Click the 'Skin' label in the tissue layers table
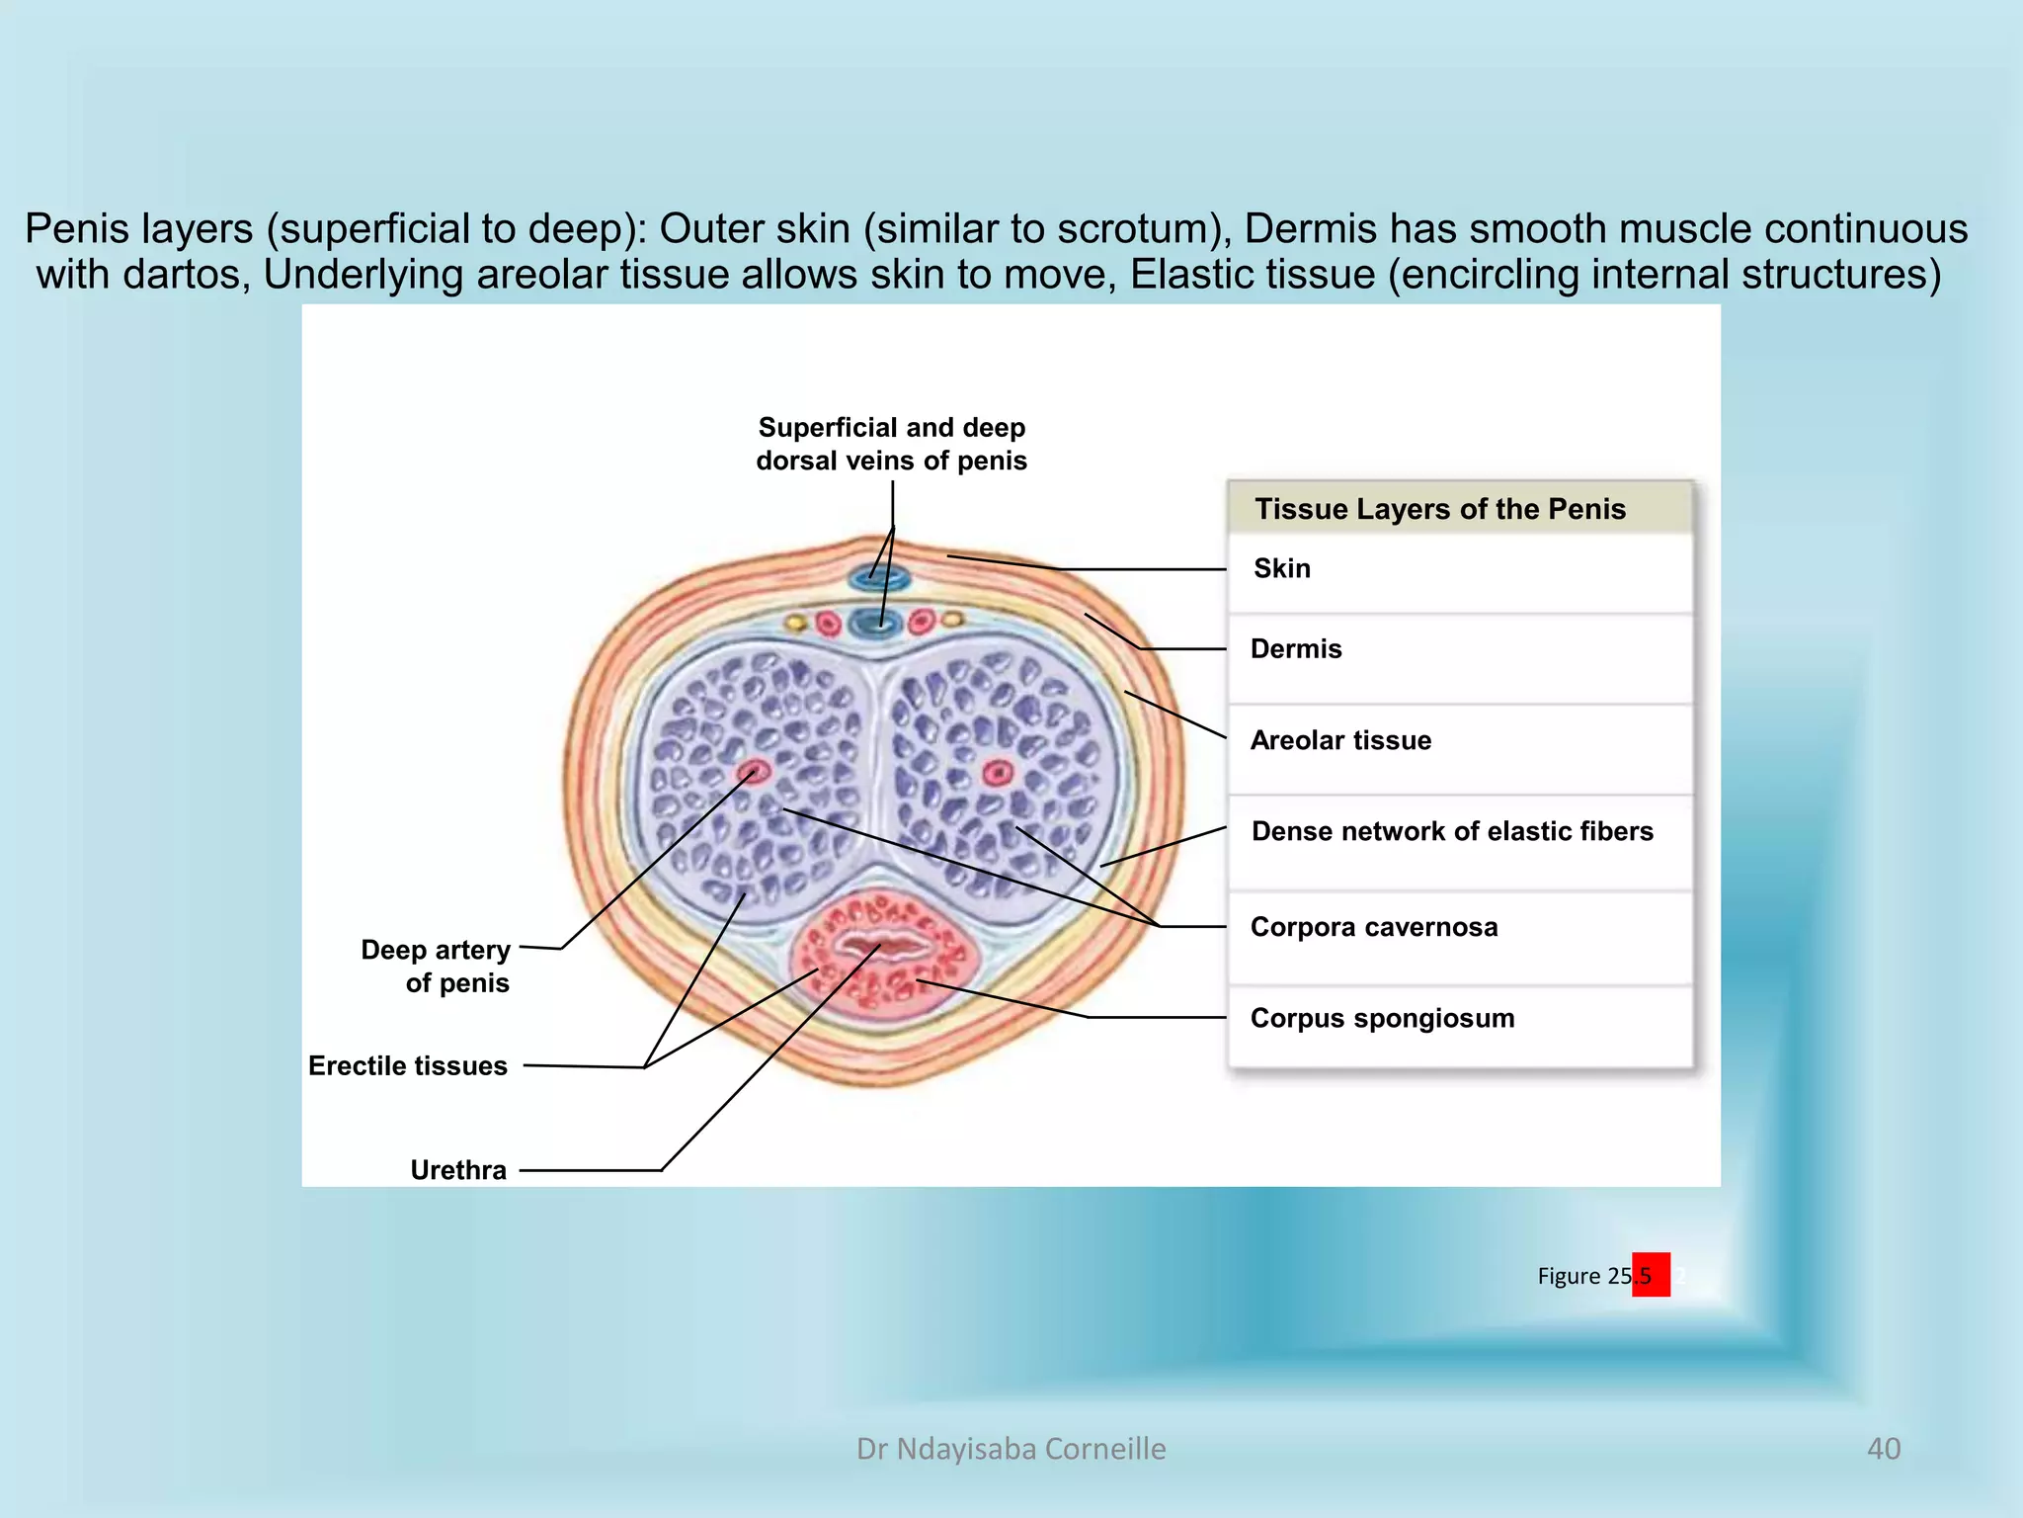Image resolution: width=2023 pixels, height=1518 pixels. (x=1281, y=568)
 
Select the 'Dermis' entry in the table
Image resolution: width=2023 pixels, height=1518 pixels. (x=1296, y=649)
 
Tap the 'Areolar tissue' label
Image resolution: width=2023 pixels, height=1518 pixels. (x=1340, y=740)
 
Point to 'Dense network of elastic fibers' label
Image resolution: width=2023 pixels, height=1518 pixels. (x=1452, y=831)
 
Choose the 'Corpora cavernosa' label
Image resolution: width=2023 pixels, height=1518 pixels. (x=1374, y=927)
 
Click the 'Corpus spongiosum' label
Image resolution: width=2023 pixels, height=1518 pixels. (x=1382, y=1018)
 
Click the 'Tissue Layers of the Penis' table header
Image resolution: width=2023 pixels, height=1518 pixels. (x=1440, y=509)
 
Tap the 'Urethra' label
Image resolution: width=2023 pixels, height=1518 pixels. (x=458, y=1170)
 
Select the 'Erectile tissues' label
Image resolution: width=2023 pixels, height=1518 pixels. (x=408, y=1065)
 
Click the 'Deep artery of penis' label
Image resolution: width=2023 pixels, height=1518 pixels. (x=436, y=967)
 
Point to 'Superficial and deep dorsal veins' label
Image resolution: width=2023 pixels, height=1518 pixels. (x=892, y=444)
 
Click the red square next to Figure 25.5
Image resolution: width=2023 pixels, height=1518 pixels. (x=1651, y=1275)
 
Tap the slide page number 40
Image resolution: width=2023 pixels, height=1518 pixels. (x=1883, y=1449)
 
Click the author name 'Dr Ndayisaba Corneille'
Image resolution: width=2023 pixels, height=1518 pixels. (x=1011, y=1449)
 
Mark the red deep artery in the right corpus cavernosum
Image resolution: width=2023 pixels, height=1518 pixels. (x=998, y=772)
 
